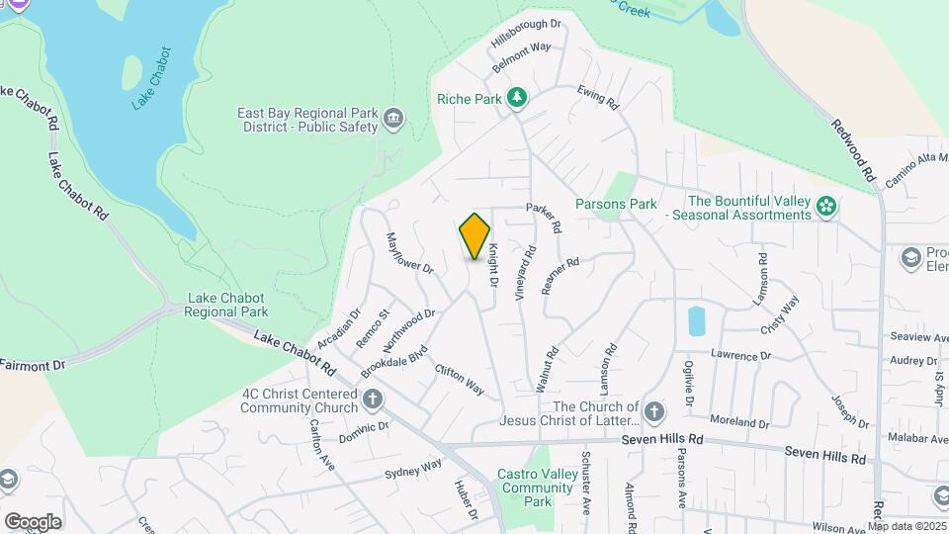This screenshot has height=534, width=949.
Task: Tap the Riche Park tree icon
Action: (515, 97)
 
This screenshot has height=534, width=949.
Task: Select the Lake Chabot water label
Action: (151, 77)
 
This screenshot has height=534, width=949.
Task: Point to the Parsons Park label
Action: (616, 204)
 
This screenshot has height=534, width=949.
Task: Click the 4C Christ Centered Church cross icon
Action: (372, 400)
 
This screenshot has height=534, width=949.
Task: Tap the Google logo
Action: (33, 521)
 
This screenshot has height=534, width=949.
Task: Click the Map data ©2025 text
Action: (906, 526)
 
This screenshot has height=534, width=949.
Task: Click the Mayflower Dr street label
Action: (410, 253)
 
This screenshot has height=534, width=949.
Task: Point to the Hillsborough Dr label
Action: (526, 34)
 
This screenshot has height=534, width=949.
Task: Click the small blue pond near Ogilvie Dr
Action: (696, 321)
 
